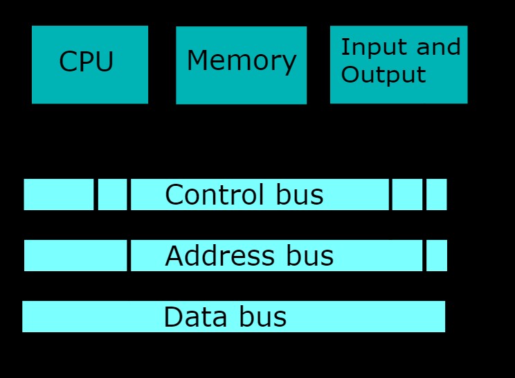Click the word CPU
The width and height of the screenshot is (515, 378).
[x=86, y=62]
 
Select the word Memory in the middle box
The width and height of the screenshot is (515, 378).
[x=241, y=61]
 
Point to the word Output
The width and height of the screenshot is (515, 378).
[x=383, y=74]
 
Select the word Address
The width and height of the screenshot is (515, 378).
[x=219, y=256]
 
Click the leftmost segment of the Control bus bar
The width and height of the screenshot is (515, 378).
[x=58, y=195]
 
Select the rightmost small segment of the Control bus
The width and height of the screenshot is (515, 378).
[x=436, y=195]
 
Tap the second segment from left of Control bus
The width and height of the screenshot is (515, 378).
[x=112, y=195]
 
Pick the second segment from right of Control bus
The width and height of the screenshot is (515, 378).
[x=408, y=195]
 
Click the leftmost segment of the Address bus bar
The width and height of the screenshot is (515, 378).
[x=75, y=256]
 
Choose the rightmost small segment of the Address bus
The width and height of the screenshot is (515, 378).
[x=436, y=256]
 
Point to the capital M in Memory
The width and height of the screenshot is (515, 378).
[x=198, y=61]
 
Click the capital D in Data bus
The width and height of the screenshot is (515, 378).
[x=173, y=317]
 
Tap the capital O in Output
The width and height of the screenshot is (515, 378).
[x=350, y=74]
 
